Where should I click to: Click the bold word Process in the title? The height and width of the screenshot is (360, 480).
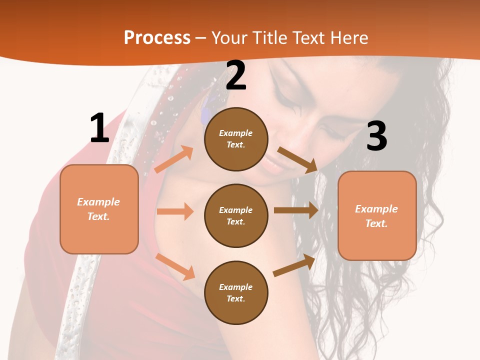[157, 38]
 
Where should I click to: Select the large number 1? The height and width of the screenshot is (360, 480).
[99, 128]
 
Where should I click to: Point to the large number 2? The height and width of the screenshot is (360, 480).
[236, 76]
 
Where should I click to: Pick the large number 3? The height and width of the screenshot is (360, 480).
[376, 136]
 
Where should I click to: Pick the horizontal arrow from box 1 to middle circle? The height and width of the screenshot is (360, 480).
[174, 211]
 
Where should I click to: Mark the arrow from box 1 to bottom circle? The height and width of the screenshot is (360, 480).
[175, 266]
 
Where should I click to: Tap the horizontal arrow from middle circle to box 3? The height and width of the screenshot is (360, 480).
[295, 210]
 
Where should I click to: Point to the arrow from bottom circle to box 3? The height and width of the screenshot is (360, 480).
[294, 265]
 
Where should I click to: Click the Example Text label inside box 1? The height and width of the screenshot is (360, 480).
[98, 209]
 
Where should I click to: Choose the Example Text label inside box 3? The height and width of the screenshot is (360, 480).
[376, 216]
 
